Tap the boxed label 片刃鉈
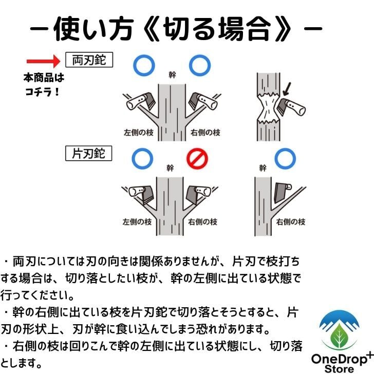click(x=89, y=153)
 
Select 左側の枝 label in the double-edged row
click(x=138, y=133)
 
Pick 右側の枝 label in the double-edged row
click(x=204, y=133)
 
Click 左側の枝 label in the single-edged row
click(x=138, y=222)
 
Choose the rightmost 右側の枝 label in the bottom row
click(x=291, y=222)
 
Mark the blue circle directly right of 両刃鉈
click(x=144, y=65)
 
